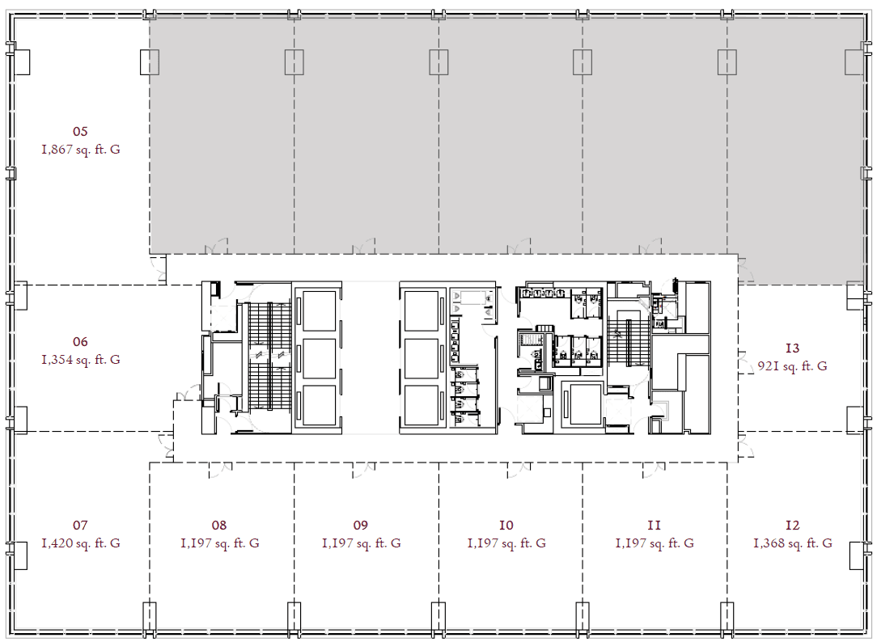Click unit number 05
coord(80,131)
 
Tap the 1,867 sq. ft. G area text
coord(81,150)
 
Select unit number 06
coord(80,341)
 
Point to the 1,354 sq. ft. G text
coord(81,360)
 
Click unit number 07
coord(80,525)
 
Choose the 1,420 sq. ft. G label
coord(81,543)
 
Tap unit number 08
coord(219,525)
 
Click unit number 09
coord(361,525)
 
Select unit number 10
coord(506,525)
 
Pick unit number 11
coord(654,525)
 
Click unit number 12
coord(793,525)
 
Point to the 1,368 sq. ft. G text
coord(793,543)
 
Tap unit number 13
coord(793,348)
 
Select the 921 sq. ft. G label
coord(793,366)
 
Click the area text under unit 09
coord(362,543)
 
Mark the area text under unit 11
coord(655,543)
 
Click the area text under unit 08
coord(220,543)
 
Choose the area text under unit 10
coord(506,543)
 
